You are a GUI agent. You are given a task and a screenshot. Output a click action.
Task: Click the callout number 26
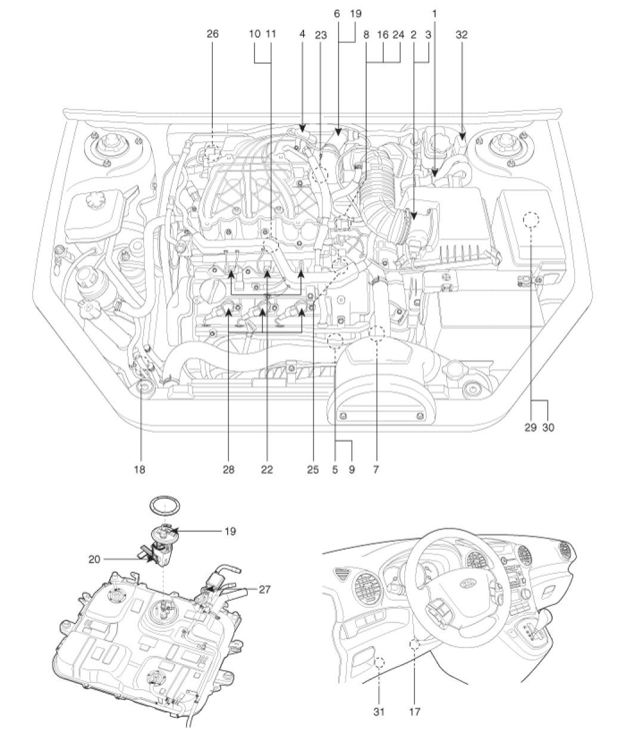click(x=213, y=34)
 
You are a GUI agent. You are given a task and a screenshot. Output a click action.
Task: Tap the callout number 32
click(x=461, y=35)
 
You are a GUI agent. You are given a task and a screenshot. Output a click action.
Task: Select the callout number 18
click(x=140, y=470)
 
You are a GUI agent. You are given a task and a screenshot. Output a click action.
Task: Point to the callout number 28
click(x=228, y=470)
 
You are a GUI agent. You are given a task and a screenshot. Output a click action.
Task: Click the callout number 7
click(x=376, y=470)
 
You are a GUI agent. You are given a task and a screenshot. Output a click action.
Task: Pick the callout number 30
click(x=548, y=427)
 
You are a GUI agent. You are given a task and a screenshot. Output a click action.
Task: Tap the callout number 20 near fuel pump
click(x=94, y=559)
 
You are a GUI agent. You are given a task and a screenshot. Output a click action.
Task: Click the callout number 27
click(x=264, y=590)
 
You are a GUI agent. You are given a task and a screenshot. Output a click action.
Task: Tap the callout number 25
click(x=312, y=470)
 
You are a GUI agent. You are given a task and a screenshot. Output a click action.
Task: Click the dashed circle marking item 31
click(x=379, y=662)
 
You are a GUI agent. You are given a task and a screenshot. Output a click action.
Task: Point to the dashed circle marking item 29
click(x=531, y=219)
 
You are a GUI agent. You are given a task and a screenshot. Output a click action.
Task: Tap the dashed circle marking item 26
click(x=213, y=153)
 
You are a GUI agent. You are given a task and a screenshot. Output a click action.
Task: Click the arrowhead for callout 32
click(x=461, y=135)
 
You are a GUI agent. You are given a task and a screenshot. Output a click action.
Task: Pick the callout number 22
click(x=267, y=470)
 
